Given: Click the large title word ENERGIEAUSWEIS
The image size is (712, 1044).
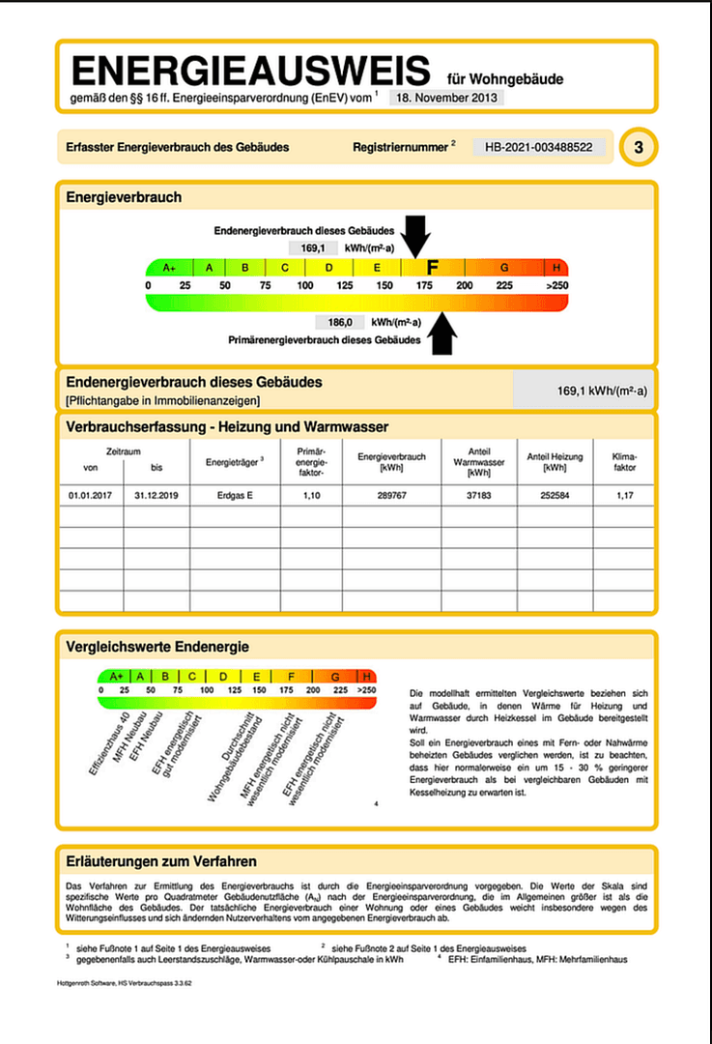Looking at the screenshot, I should (x=250, y=72).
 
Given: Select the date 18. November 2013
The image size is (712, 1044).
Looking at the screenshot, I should (x=446, y=98).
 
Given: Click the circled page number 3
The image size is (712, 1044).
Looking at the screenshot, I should (x=638, y=147).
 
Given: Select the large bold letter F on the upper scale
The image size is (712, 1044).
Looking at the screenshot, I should (x=432, y=268).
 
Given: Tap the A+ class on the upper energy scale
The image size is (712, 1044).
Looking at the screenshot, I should (x=170, y=268).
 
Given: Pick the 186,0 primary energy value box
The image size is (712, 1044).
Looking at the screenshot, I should (x=338, y=322).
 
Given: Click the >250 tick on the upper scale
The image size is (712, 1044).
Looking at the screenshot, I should (x=555, y=286).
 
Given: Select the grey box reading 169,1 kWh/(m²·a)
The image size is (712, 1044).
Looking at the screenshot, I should (x=584, y=391).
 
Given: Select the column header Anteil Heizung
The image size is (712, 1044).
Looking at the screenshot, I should (x=554, y=461).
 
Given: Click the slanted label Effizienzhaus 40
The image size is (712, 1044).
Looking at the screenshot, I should (x=110, y=738).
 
